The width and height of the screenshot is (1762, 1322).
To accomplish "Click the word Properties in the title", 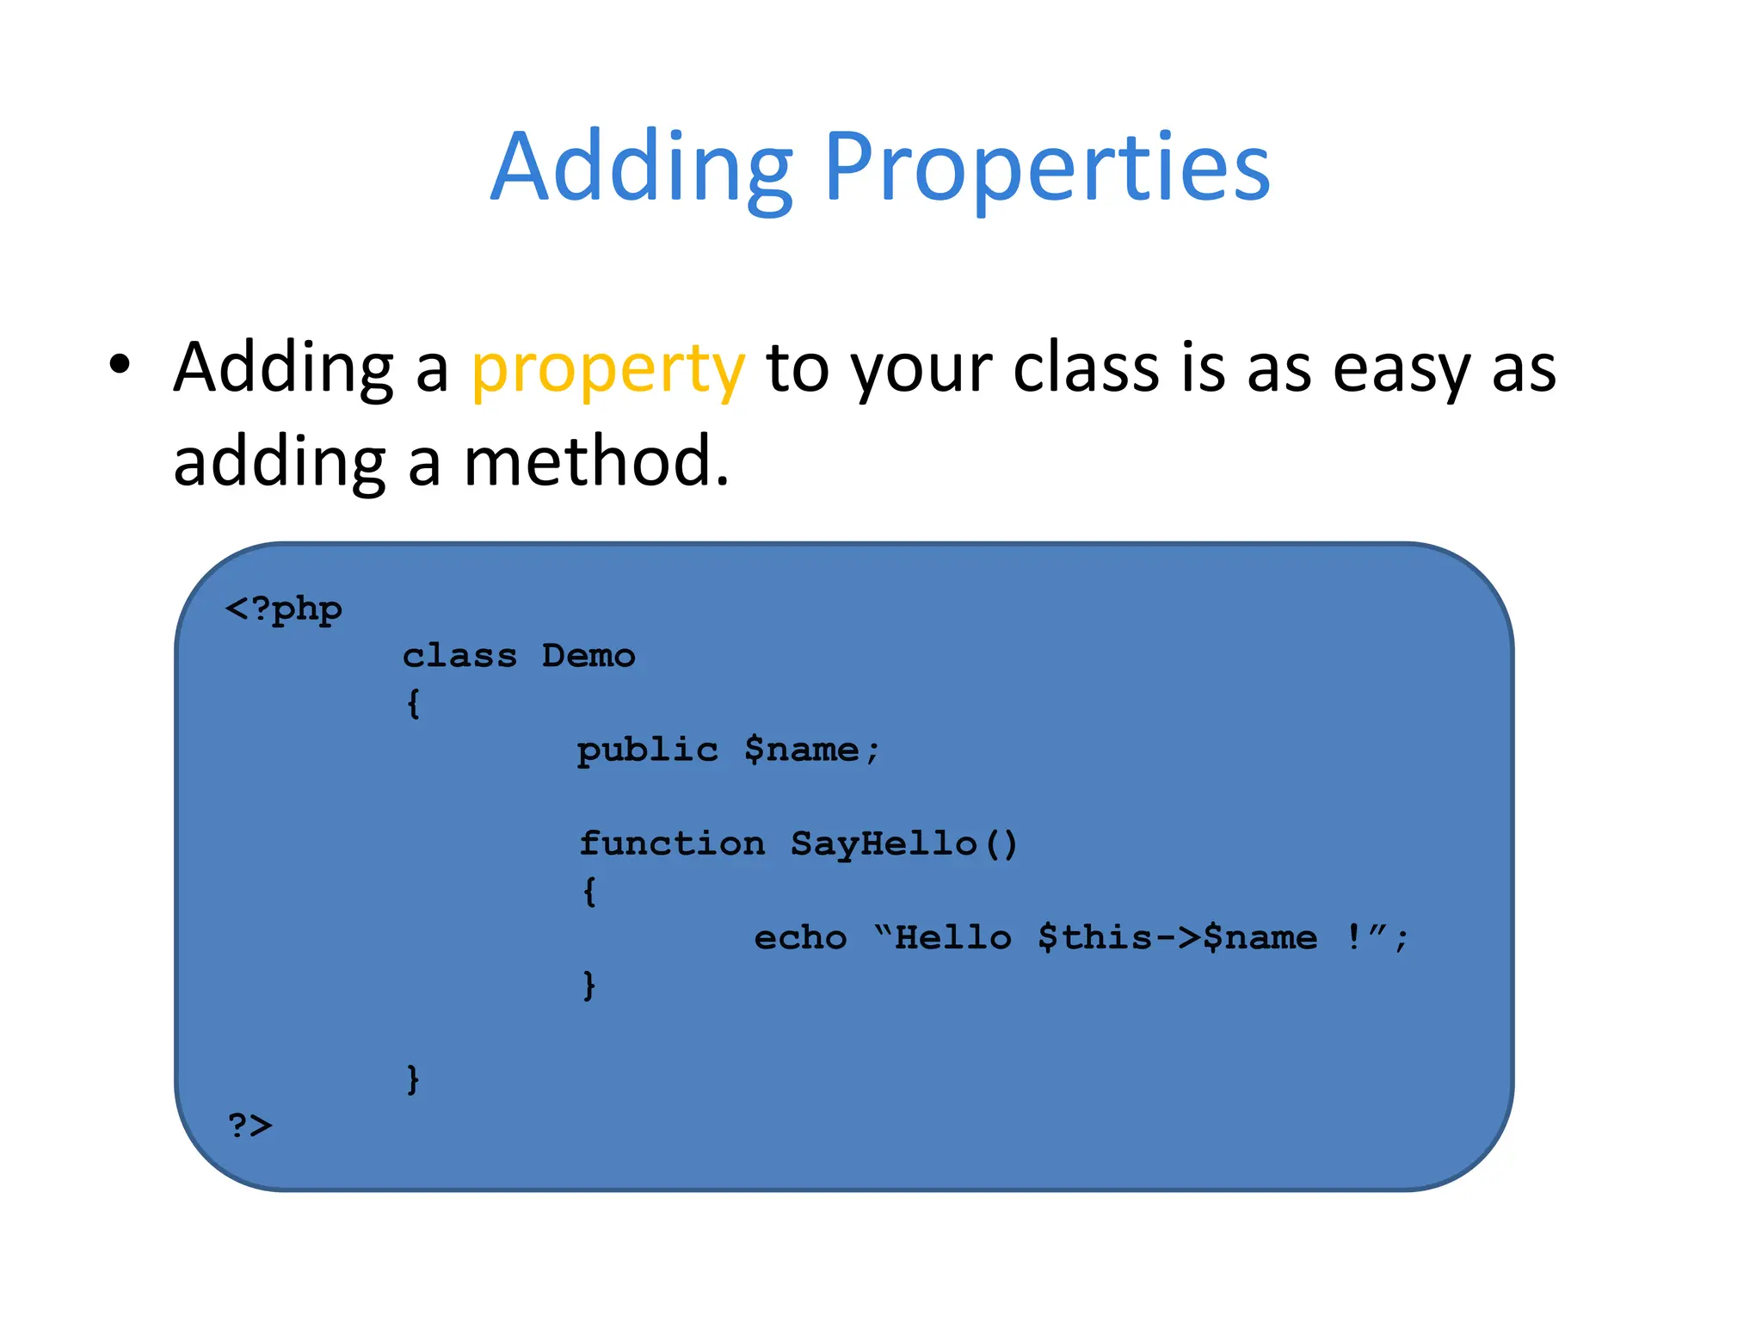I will tap(1046, 168).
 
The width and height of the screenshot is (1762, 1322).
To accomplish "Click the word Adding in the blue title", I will tap(641, 168).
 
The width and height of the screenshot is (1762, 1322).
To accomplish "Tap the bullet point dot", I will tap(120, 365).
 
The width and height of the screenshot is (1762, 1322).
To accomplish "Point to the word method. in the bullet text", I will tap(596, 462).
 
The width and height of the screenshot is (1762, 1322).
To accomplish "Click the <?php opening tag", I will tap(284, 610).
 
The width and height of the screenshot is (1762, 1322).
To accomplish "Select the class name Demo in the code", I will tap(588, 657).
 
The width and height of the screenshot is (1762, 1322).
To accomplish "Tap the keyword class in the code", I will tap(460, 657).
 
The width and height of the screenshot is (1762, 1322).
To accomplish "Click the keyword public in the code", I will tap(648, 751).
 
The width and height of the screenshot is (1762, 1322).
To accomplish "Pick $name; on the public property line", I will tap(811, 751).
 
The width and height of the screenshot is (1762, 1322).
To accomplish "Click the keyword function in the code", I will tap(672, 844).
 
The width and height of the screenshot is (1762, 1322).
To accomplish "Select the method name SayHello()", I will tap(903, 844).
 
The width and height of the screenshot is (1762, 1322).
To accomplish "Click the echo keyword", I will tap(800, 938).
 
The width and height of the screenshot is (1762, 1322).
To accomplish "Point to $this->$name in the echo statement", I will tap(1177, 938).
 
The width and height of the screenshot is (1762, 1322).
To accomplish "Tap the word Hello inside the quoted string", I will tap(953, 938).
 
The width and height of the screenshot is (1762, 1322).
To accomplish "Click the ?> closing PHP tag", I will tap(250, 1126).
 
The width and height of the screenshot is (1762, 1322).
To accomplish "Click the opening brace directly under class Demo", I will tap(414, 704).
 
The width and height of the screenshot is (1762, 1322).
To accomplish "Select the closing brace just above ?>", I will tap(414, 1078).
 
